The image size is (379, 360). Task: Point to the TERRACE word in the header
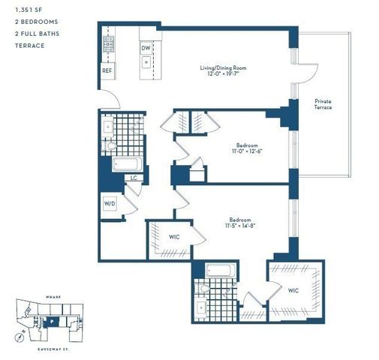(28, 45)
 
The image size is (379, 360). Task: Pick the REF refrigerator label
(107, 70)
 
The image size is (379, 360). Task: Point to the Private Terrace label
(323, 103)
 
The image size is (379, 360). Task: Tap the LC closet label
(133, 178)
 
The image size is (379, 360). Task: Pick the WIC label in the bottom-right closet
(293, 289)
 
